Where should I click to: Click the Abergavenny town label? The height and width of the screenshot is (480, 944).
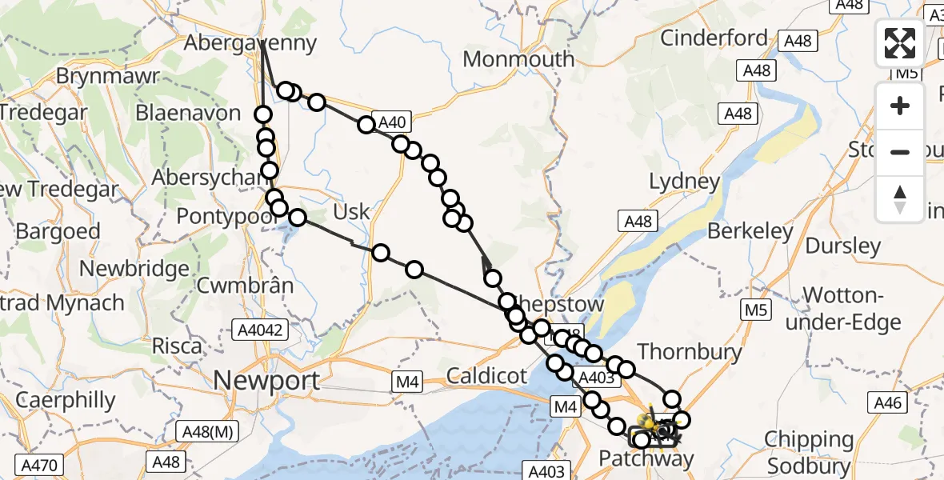(250, 42)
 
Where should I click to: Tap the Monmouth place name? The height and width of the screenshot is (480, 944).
(518, 58)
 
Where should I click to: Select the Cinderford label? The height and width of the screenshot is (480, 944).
(714, 38)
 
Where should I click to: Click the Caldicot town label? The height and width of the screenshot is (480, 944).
(486, 374)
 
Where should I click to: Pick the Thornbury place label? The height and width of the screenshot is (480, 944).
(690, 350)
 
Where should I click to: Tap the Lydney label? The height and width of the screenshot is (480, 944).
(685, 181)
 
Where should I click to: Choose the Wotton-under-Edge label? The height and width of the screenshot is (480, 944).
(852, 309)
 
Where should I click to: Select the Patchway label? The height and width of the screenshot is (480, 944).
(646, 458)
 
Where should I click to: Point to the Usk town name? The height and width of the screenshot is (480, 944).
(351, 211)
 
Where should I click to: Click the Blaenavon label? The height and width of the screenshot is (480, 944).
(188, 112)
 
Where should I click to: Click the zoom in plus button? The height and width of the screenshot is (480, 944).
(900, 106)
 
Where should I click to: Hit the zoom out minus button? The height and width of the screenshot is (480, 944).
(900, 152)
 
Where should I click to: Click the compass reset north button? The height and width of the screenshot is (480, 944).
(900, 198)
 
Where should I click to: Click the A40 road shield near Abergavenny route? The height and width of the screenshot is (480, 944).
(391, 122)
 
